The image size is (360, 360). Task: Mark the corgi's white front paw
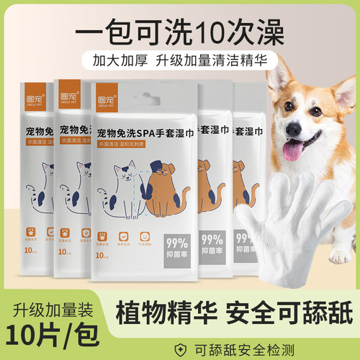(338, 256)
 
